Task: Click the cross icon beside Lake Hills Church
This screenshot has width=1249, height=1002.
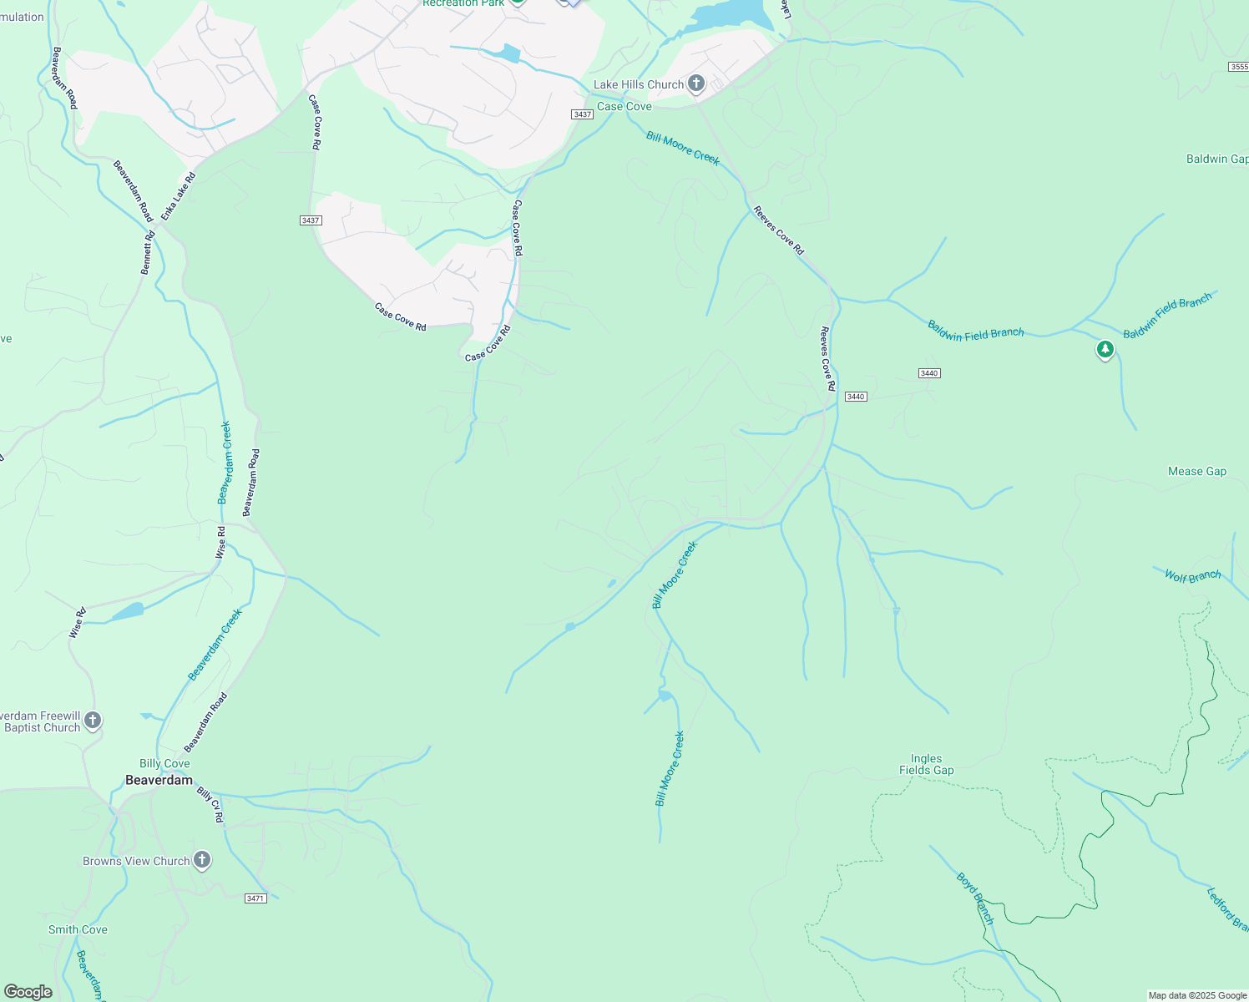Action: (x=696, y=83)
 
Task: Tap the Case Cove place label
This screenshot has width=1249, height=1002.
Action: (x=624, y=106)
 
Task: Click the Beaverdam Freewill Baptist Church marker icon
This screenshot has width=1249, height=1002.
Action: (x=93, y=720)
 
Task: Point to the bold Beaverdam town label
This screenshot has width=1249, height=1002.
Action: (x=159, y=780)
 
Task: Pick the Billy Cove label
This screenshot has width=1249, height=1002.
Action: (x=164, y=763)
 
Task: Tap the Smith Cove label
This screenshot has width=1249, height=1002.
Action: (x=78, y=929)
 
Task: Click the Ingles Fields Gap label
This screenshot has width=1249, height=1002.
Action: (x=926, y=765)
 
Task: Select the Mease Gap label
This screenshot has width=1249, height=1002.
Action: (x=1196, y=471)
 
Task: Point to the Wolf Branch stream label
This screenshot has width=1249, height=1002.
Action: (x=1192, y=576)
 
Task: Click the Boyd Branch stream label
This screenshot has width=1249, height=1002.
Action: (x=975, y=898)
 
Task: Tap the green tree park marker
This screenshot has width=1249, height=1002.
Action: (x=1105, y=349)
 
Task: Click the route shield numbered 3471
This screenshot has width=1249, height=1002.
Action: (x=255, y=898)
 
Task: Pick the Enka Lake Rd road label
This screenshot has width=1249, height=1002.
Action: (x=178, y=197)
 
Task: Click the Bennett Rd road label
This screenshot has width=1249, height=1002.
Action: (x=148, y=250)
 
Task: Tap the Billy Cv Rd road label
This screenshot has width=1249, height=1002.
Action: (x=210, y=804)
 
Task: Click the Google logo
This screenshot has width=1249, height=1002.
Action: (x=28, y=992)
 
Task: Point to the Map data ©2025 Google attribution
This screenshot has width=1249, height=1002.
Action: (x=1197, y=995)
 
